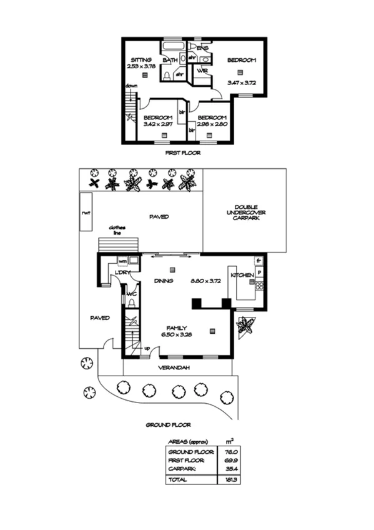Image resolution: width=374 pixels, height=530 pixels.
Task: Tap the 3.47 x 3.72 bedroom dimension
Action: click(x=242, y=82)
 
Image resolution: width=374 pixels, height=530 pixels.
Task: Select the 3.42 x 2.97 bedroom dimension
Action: click(x=157, y=124)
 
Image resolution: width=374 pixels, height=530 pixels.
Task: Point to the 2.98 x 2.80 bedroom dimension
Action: click(x=212, y=124)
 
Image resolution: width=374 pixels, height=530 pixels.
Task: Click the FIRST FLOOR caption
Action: click(x=182, y=152)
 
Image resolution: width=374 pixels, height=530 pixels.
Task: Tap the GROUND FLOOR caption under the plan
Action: click(x=168, y=424)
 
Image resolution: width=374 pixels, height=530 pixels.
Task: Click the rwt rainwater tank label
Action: click(x=86, y=213)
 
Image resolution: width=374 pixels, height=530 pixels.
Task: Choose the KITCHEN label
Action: click(x=242, y=275)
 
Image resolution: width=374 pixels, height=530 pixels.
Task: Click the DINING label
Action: click(x=164, y=281)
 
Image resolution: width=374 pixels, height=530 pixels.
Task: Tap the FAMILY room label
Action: click(x=177, y=327)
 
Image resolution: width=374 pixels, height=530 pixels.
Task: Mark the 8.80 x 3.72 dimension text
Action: click(x=207, y=281)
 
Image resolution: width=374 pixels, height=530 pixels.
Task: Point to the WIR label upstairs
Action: click(x=202, y=71)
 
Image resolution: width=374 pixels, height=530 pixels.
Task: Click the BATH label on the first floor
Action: click(x=169, y=60)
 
